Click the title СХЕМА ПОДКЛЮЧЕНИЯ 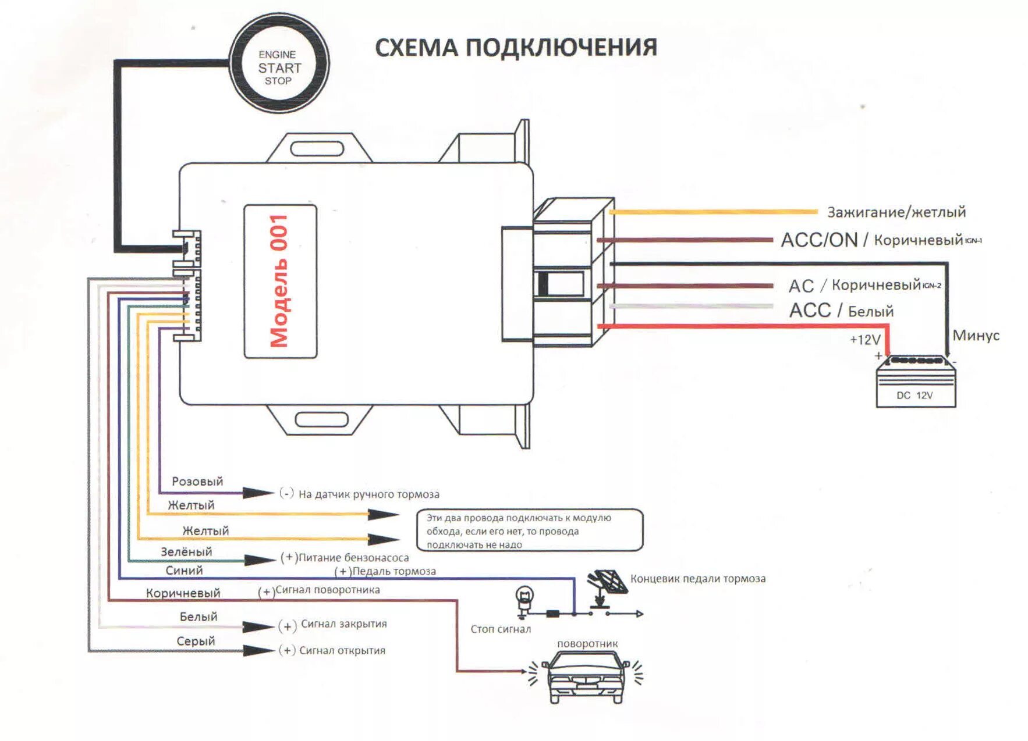tap(516, 48)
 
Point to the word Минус tap(976, 336)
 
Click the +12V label tap(865, 340)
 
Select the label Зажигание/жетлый tap(896, 212)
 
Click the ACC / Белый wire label tap(841, 311)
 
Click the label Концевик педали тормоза tap(697, 579)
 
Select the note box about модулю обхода tap(530, 530)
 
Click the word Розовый tap(197, 482)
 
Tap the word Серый tap(196, 641)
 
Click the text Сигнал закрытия tap(343, 624)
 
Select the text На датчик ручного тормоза tap(368, 494)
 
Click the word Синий tap(184, 571)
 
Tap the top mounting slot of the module tap(317, 149)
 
